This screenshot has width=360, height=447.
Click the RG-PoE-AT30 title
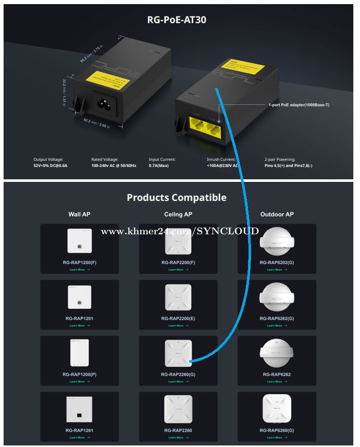[x=177, y=21]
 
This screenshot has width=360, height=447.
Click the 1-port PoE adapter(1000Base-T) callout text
[x=298, y=105]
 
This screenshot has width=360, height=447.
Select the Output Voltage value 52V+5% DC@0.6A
[x=50, y=166]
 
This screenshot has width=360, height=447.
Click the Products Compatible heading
[x=177, y=198]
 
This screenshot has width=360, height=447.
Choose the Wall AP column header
[x=79, y=214]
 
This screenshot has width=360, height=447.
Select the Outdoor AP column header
[x=277, y=214]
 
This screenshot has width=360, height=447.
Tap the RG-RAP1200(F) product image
[x=79, y=240]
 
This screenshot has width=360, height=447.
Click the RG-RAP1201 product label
[x=79, y=319]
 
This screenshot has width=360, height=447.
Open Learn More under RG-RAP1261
[x=79, y=438]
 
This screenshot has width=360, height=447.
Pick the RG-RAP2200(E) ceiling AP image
[x=178, y=297]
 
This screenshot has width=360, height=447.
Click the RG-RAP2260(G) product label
[x=178, y=375]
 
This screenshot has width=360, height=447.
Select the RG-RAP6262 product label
[x=277, y=375]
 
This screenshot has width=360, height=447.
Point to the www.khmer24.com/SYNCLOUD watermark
[x=180, y=231]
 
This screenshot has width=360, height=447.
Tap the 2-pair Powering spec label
[x=280, y=160]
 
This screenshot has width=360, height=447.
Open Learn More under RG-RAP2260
[x=178, y=438]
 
